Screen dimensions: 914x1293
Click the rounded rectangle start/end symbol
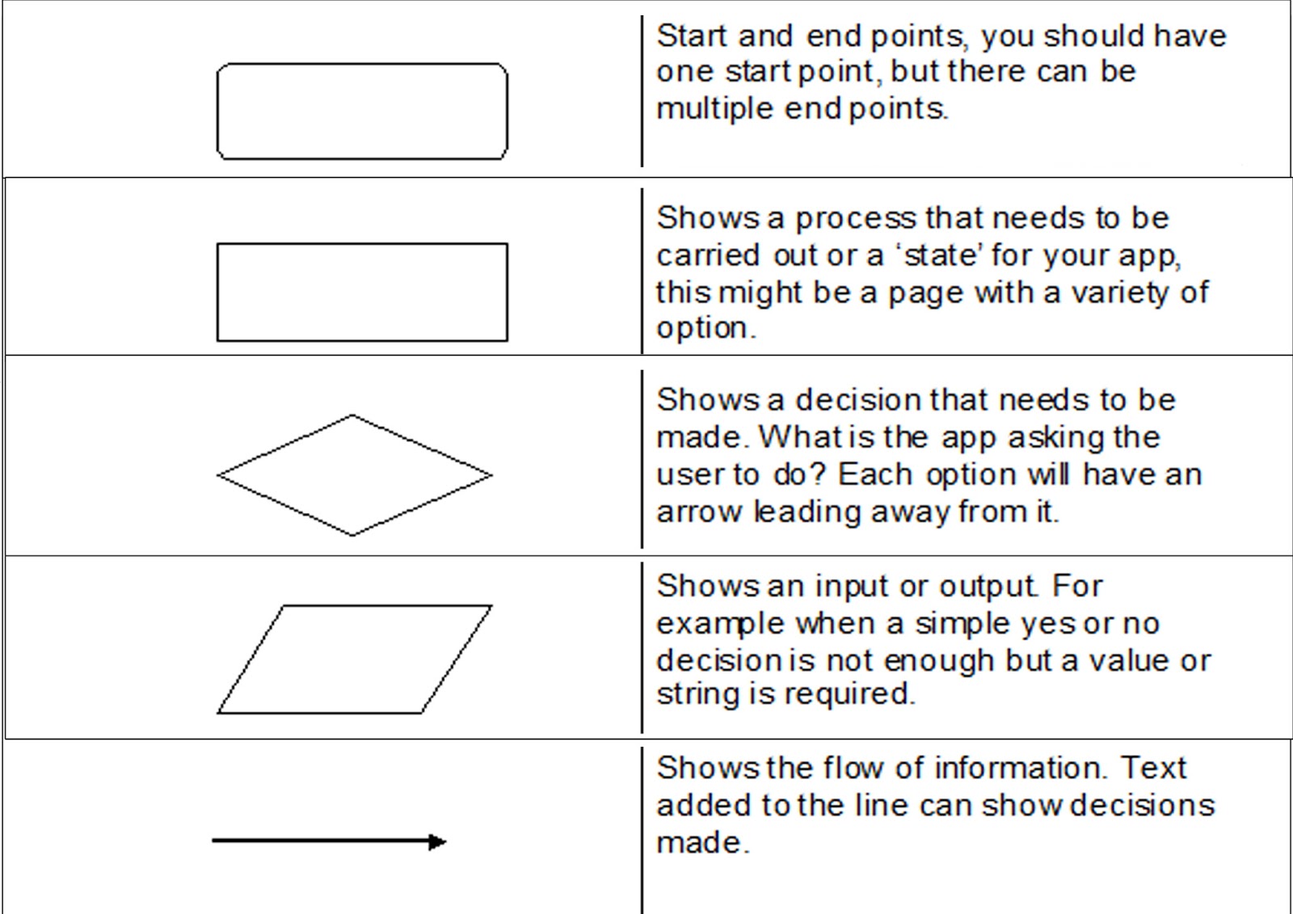pos(362,112)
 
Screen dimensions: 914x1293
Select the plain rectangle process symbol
pos(362,292)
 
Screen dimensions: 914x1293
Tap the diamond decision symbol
pos(354,475)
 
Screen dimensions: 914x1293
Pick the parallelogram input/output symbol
pos(354,659)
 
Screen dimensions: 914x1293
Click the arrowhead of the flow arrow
pos(437,842)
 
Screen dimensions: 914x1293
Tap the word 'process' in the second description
pos(855,219)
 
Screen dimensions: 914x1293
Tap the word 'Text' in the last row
pos(1153,768)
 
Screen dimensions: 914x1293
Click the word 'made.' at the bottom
pos(702,843)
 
